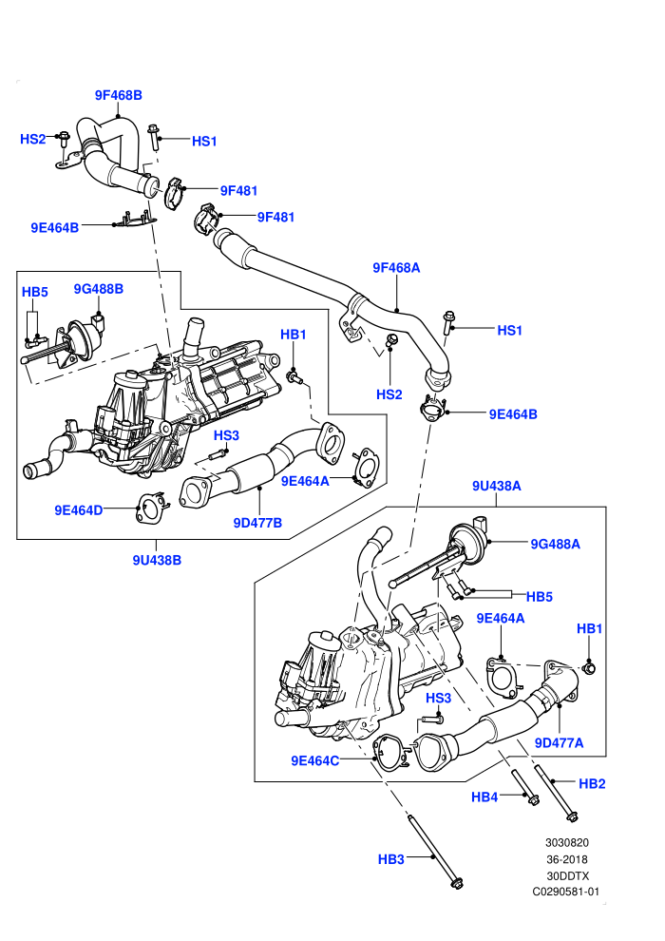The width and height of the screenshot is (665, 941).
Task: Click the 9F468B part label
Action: (119, 95)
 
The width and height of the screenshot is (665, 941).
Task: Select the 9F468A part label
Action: (396, 268)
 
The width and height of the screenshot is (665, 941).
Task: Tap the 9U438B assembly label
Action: (157, 560)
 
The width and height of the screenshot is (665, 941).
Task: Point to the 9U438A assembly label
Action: (497, 486)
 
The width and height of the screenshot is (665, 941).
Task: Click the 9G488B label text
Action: (99, 289)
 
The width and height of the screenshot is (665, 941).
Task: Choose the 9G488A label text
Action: (555, 545)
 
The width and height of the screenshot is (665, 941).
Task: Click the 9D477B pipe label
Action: (257, 523)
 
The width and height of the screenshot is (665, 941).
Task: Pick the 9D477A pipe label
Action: (559, 743)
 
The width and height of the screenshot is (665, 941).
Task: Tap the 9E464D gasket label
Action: (79, 510)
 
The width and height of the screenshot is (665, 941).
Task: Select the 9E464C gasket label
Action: (314, 761)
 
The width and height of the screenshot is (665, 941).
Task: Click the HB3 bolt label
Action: (391, 859)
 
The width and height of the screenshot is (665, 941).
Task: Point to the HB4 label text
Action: (484, 797)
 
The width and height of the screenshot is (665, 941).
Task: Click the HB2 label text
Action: (592, 784)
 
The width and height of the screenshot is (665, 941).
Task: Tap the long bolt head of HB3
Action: (457, 883)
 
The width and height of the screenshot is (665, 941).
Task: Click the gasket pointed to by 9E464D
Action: (150, 508)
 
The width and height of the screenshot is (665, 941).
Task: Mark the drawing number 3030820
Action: (566, 842)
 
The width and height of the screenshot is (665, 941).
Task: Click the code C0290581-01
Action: (566, 892)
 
